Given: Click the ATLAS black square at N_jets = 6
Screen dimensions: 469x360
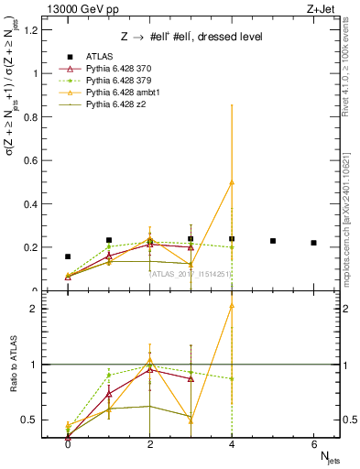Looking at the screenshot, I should [x=314, y=243].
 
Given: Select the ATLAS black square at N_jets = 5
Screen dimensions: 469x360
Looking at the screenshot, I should [x=273, y=241].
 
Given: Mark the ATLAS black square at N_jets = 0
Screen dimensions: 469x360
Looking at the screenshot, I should [x=68, y=256].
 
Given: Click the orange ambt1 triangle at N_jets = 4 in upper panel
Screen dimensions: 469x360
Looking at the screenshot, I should [x=232, y=182].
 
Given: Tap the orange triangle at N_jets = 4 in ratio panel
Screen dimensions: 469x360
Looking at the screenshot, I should [x=232, y=305].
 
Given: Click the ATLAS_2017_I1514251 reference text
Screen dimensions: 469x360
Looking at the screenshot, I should [x=190, y=274].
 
